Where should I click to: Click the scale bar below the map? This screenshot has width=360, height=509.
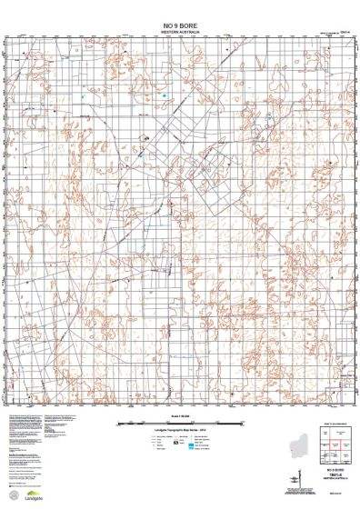[x=179, y=423]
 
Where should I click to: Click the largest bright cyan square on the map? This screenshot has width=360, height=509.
[x=164, y=95]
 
